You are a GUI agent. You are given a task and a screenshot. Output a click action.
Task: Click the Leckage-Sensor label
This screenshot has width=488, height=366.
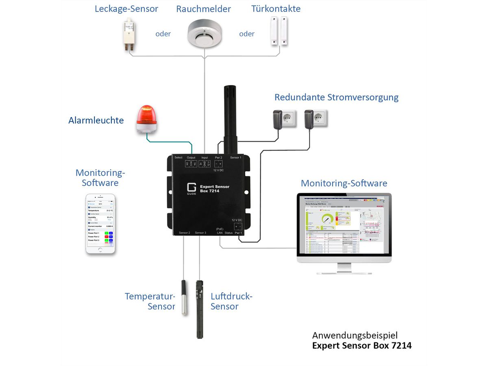click(x=126, y=9)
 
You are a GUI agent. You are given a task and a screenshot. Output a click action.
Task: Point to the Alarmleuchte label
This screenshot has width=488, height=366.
click(x=96, y=120)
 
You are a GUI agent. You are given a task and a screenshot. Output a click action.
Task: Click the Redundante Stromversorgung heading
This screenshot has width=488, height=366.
click(x=336, y=98)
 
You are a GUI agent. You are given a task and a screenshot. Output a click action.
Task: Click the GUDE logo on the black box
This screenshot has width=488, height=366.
click(x=191, y=189)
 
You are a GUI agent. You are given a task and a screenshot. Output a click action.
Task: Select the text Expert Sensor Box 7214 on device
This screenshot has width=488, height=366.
click(x=214, y=189)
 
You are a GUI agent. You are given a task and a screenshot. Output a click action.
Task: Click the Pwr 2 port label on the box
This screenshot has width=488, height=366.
click(x=219, y=157)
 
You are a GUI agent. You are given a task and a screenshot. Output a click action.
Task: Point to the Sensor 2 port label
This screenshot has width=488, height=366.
click(x=184, y=233)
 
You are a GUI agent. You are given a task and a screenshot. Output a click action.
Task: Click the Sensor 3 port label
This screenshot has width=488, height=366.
click(x=200, y=233)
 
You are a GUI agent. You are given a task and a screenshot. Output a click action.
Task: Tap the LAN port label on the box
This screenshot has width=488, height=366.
click(x=220, y=233)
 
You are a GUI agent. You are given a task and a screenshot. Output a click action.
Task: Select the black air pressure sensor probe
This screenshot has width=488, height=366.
click(x=199, y=309)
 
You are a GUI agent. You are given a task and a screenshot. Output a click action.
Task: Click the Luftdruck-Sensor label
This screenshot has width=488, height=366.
click(x=231, y=301)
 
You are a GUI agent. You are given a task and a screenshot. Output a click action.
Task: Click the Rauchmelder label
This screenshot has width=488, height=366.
click(x=203, y=9)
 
